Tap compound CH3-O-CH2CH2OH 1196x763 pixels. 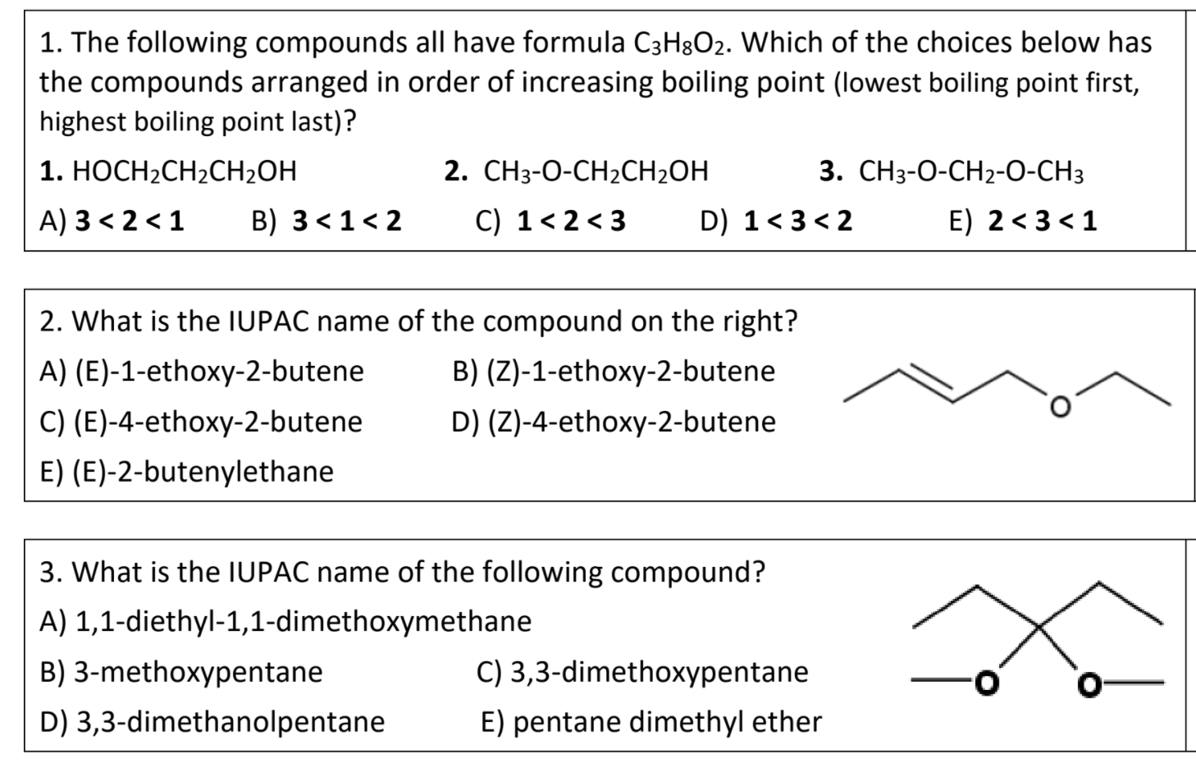coord(576,172)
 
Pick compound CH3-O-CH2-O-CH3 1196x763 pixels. coord(952,172)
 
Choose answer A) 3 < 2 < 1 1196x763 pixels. coord(112,222)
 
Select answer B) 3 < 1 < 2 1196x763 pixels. coord(326,222)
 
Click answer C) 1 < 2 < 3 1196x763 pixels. coord(550,222)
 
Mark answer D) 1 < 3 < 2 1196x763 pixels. coord(776,222)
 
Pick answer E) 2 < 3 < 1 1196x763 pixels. coord(1022,222)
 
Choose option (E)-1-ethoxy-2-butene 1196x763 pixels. coord(202,372)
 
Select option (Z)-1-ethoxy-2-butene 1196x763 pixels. coord(614,372)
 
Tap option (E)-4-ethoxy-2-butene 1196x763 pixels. coord(202,422)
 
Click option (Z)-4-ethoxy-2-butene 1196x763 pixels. coord(614,422)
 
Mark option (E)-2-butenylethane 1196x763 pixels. coord(187,472)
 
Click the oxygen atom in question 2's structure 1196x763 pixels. coord(1061,406)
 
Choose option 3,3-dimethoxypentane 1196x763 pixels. coord(642,672)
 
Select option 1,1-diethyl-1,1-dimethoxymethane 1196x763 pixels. coord(285,622)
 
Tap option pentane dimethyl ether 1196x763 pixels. coord(650,722)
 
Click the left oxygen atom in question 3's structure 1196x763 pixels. coord(988,681)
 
